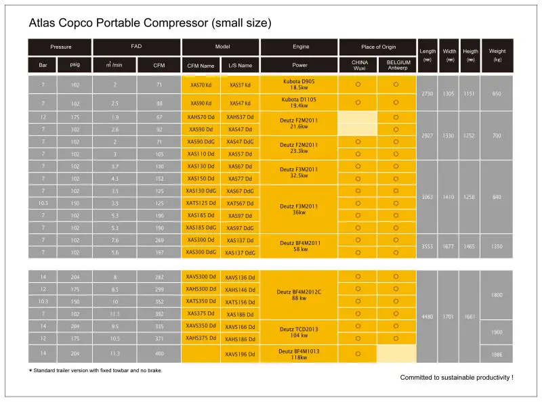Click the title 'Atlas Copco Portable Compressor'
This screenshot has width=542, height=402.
point(150,23)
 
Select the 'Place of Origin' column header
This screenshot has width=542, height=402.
point(377,47)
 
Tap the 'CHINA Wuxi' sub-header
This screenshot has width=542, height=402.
point(360,65)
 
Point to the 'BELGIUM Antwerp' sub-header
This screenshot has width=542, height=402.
point(398,65)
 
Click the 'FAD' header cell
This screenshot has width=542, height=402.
point(136,47)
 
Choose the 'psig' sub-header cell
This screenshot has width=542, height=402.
point(75,65)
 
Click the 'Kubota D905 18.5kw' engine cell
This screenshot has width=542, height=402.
point(299,84)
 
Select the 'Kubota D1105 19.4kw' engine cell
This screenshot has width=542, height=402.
point(299,103)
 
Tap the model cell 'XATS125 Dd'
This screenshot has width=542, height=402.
point(201,203)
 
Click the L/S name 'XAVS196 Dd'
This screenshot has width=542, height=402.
point(241,353)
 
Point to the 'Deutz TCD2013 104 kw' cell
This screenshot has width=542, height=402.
point(299,332)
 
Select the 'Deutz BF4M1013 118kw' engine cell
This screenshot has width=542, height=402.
point(299,353)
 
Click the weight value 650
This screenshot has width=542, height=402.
point(497,93)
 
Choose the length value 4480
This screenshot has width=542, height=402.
point(428,317)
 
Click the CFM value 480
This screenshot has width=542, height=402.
point(159,353)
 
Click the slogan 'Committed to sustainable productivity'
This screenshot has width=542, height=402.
point(456,377)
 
